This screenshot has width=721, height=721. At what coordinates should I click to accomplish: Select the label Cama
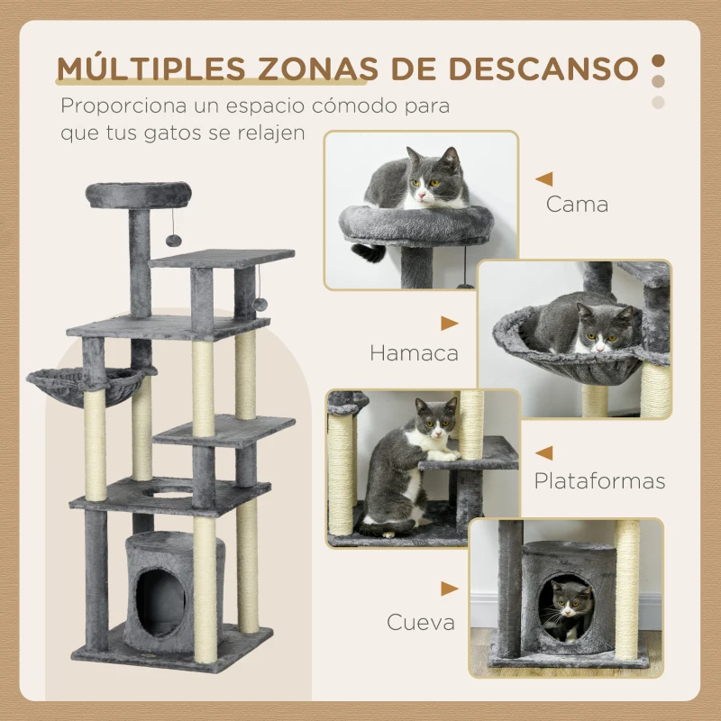pos(577,204)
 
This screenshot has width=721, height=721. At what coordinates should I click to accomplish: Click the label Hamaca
pos(414,352)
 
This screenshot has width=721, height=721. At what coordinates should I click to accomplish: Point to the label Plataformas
pos(599,480)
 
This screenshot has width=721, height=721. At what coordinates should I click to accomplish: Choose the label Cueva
pos(420,622)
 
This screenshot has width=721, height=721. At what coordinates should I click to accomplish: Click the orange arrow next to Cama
pos(544,178)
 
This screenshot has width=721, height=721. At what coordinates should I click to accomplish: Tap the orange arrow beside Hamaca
pos(449,323)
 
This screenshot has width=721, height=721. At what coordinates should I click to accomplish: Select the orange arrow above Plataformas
pos(544,453)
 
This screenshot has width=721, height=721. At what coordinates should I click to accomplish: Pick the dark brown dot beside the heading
pos(659,61)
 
